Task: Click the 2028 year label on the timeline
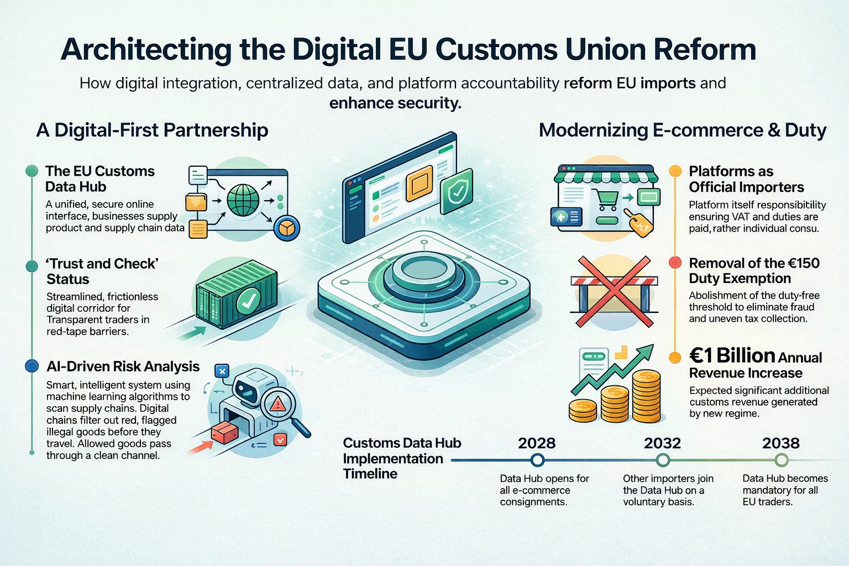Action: pos(536,443)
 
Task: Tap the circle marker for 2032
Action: pos(663,460)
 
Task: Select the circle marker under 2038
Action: pos(781,460)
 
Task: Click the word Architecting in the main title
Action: pos(146,50)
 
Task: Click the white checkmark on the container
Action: pos(248,301)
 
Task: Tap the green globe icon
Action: pos(243,200)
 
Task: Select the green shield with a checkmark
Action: pos(457,191)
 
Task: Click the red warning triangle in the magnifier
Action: pos(277,405)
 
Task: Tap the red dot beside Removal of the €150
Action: pos(675,263)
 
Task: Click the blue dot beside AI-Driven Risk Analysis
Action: pos(32,366)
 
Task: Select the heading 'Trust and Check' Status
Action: pos(102,271)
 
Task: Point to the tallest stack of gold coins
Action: pos(646,396)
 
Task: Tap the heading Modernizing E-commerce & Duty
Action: pos(682,130)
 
